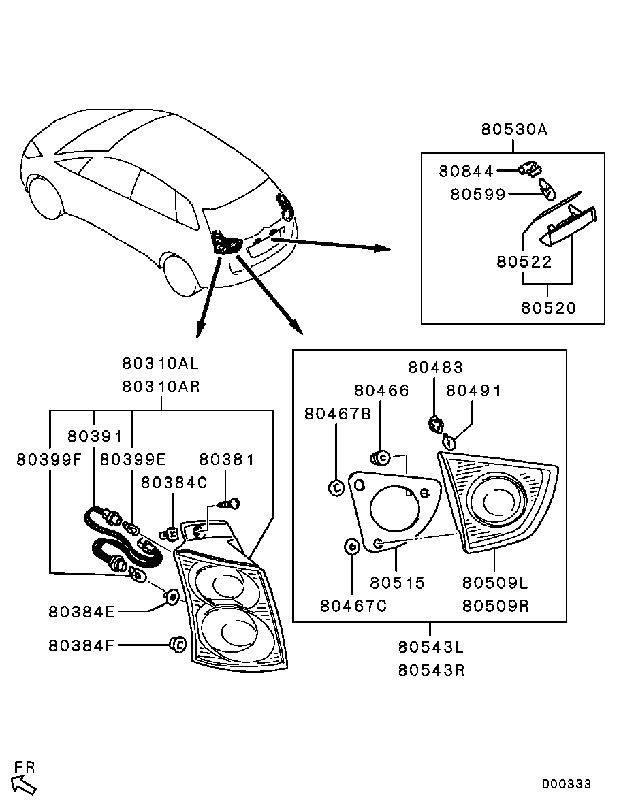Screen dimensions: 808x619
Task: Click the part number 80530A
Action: pos(514,129)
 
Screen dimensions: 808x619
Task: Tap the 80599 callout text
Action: pos(478,195)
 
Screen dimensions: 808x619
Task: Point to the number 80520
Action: pos(549,308)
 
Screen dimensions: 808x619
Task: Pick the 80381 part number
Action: pos(226,459)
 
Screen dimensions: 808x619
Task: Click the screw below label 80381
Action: pos(229,504)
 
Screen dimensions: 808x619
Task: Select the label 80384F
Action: pos(81,645)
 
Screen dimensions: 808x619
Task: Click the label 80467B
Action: pos(338,414)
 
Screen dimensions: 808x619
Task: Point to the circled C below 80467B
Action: pos(335,487)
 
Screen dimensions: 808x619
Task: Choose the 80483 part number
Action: pos(435,368)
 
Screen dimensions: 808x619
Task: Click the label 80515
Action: pos(397,583)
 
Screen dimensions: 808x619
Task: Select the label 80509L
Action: pos(495,583)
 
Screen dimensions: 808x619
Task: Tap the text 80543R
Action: pos(431,670)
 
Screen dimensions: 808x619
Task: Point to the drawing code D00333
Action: pos(566,784)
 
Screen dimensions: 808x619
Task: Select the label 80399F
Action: pos(49,459)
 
